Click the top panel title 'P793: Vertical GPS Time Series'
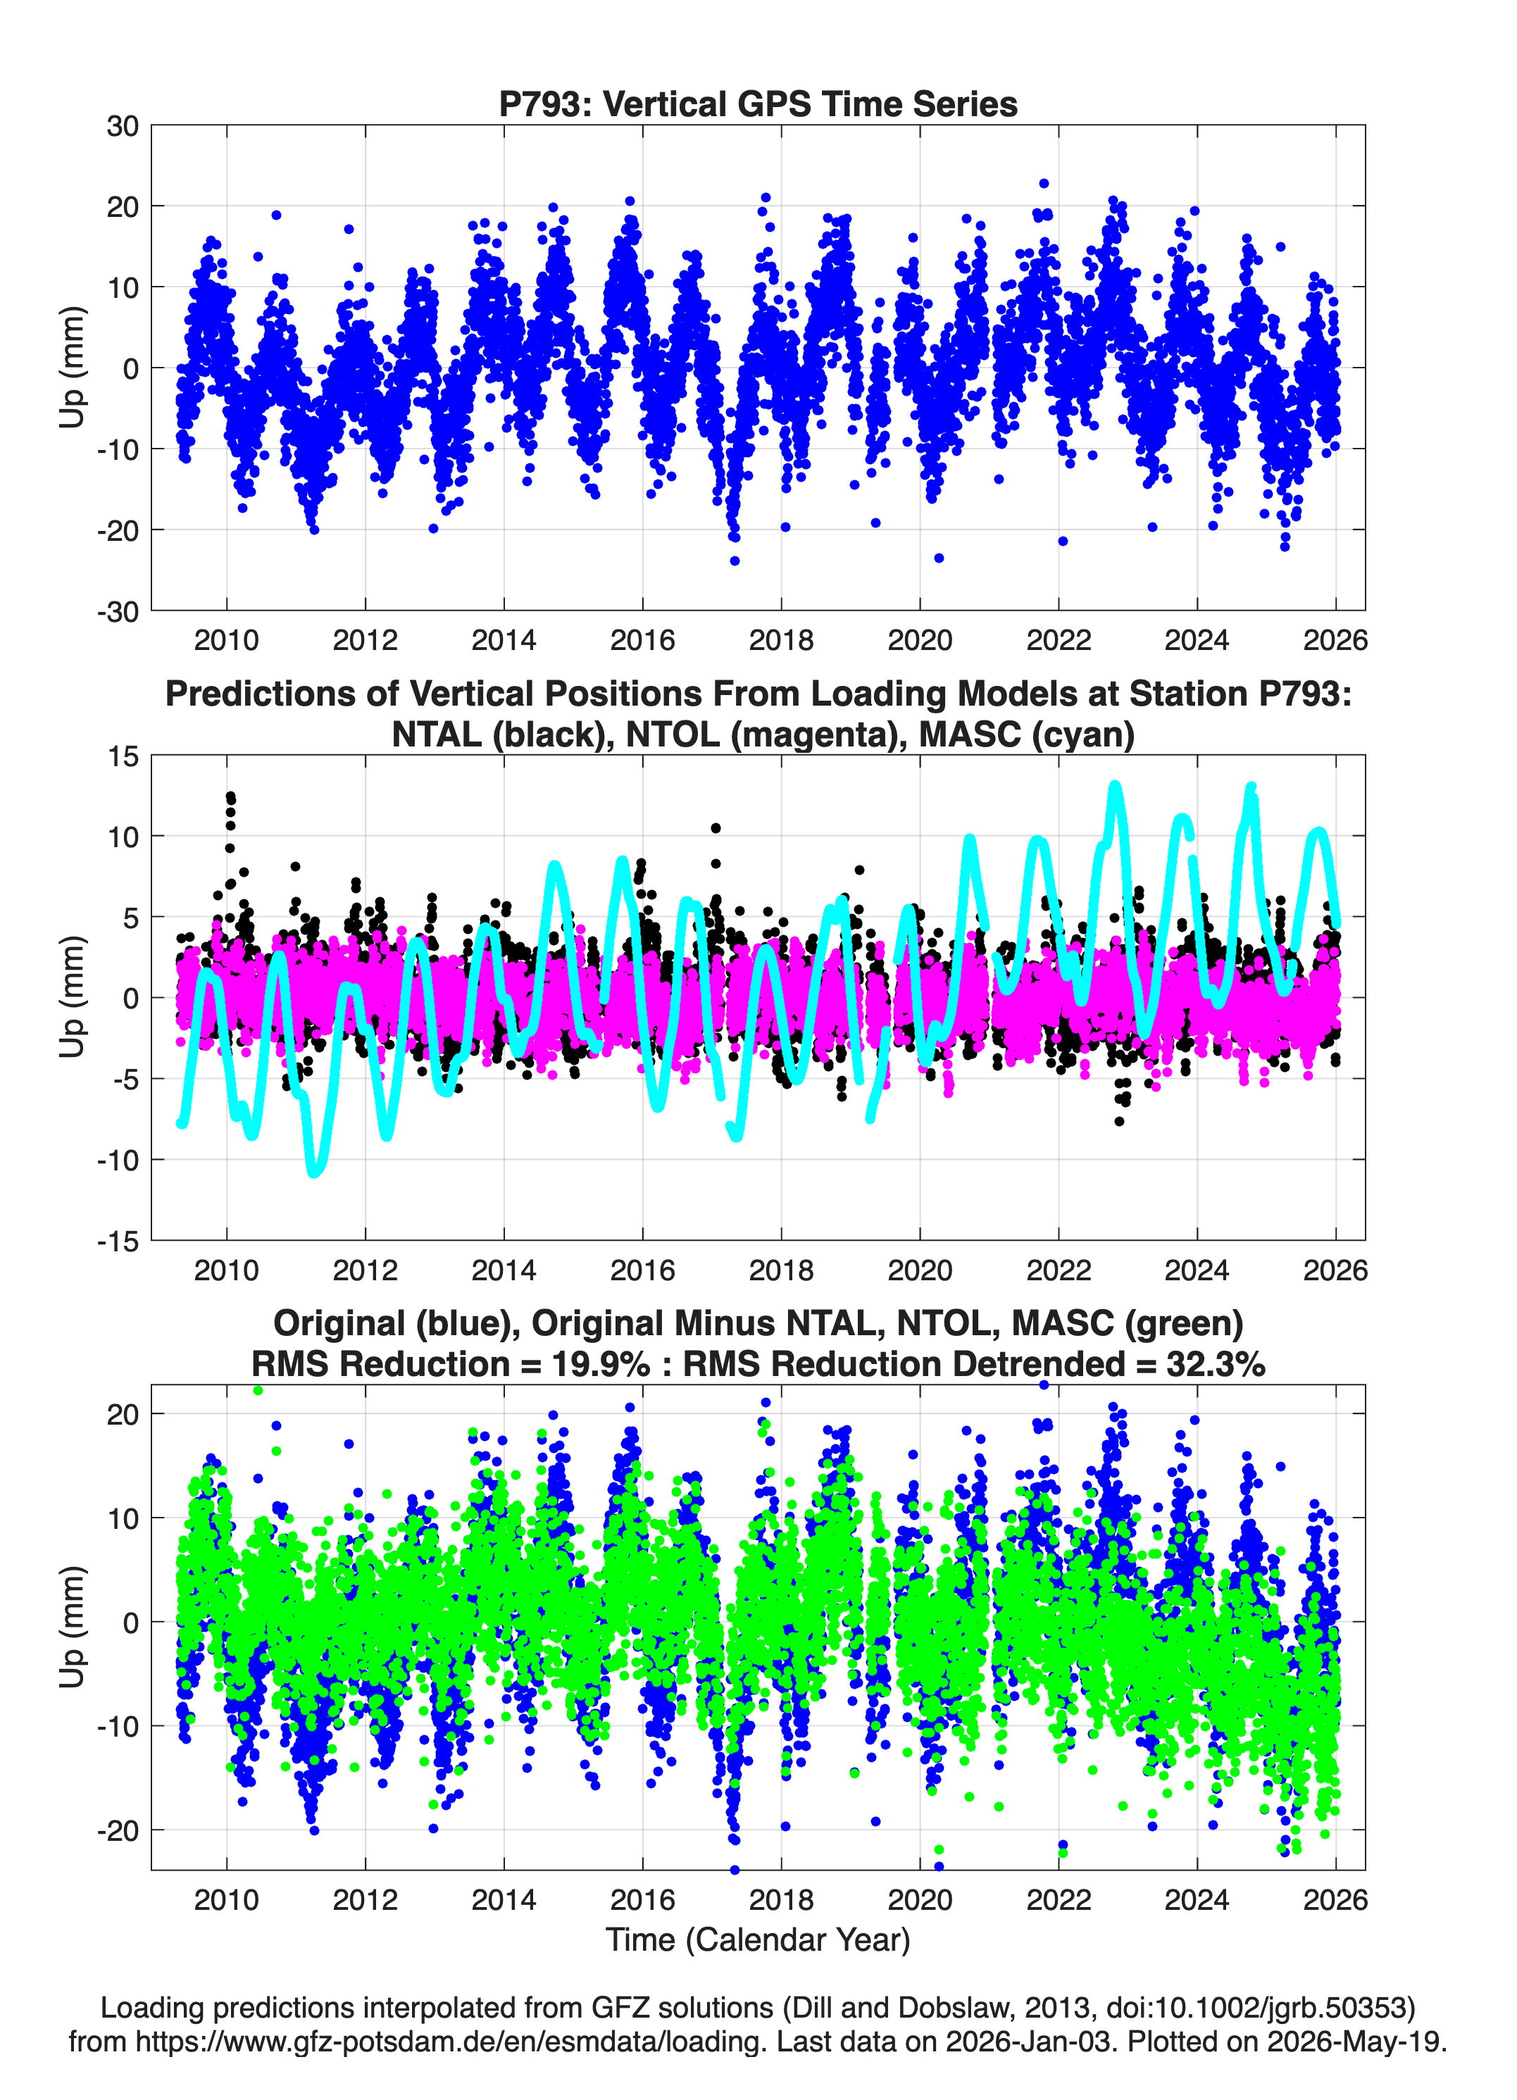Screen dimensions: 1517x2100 pyautogui.click(x=758, y=104)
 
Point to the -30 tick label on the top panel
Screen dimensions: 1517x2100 pyautogui.click(x=118, y=611)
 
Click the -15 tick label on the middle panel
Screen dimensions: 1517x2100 pyautogui.click(x=118, y=1241)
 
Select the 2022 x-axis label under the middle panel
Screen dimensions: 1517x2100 pyautogui.click(x=1059, y=1270)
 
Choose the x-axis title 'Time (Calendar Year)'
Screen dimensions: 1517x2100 pyautogui.click(x=758, y=1939)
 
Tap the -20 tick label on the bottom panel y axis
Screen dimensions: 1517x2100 pyautogui.click(x=118, y=1832)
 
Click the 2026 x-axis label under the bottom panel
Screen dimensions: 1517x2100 pyautogui.click(x=1335, y=1899)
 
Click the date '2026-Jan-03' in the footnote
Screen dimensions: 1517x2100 pyautogui.click(x=1028, y=2041)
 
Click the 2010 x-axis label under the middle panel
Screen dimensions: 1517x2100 pyautogui.click(x=227, y=1270)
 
